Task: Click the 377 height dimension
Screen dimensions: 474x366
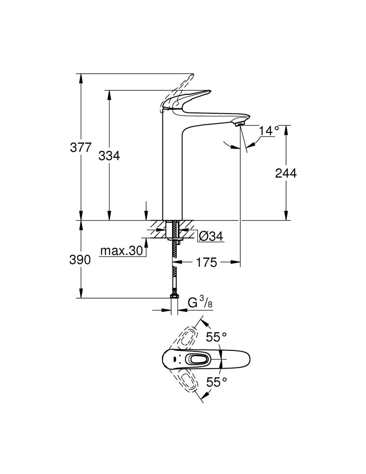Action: [80, 147]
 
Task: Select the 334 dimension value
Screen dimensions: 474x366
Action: [109, 155]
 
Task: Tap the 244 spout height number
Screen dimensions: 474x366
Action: [286, 173]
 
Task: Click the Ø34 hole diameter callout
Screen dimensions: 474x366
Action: [211, 236]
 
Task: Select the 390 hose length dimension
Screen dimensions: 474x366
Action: [80, 259]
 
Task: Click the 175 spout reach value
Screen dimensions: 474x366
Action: [206, 262]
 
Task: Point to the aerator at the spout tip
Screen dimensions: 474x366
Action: [240, 124]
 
